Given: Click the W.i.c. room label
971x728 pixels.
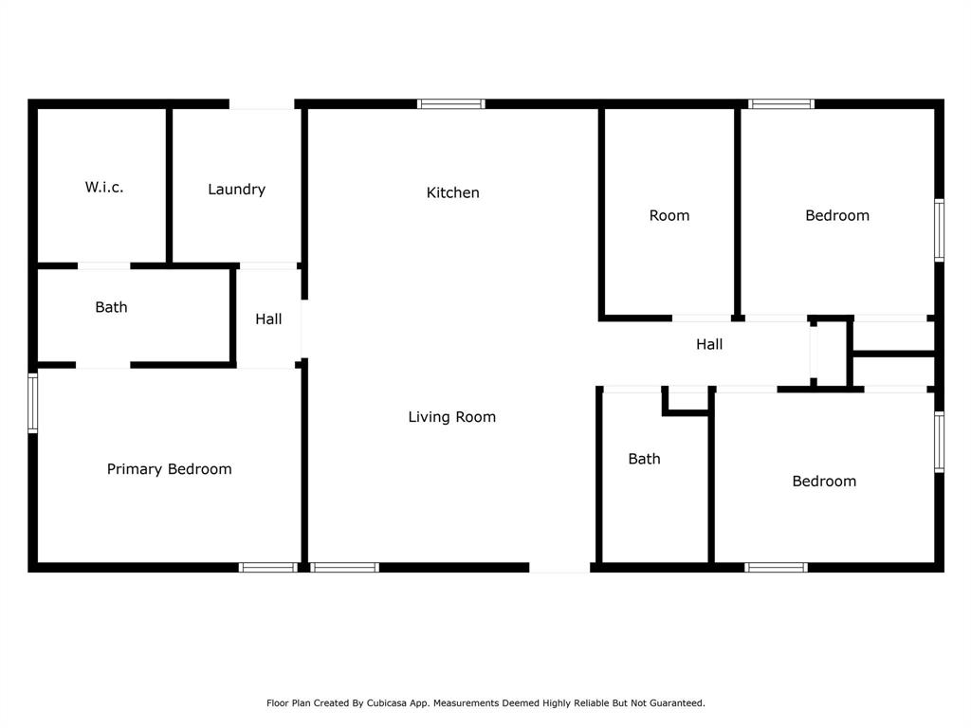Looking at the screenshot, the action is tap(104, 187).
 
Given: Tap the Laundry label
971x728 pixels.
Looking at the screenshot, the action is tap(236, 190).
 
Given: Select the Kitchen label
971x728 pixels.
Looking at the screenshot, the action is tap(452, 192).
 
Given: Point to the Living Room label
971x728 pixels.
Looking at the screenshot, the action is tap(452, 417).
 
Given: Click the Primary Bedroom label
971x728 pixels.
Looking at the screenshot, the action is tap(169, 469).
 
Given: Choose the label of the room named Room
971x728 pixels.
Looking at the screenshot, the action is tap(669, 215).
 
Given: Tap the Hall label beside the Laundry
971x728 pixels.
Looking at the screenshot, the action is tap(268, 318).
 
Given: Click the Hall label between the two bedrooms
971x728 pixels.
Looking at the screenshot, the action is tap(709, 344).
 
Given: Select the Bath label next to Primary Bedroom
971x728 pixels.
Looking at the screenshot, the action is tap(112, 307).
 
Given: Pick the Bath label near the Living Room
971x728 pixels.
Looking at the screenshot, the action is tap(644, 459).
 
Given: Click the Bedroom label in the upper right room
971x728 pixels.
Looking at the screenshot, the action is tap(837, 215).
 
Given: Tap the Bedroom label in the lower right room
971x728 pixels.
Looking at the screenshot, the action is tap(824, 481).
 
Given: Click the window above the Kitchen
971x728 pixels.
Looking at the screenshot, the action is tap(450, 104).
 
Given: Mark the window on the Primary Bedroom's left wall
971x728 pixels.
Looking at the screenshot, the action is tap(33, 402).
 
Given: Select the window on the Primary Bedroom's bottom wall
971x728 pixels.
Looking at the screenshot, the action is tap(268, 567).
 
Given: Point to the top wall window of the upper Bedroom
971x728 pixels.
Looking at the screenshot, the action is tap(781, 104).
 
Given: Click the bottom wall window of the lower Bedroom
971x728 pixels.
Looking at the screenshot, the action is tap(776, 567).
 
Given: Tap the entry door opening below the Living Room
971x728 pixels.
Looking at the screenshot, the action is tap(559, 567).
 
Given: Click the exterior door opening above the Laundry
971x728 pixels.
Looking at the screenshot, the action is tap(262, 104).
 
